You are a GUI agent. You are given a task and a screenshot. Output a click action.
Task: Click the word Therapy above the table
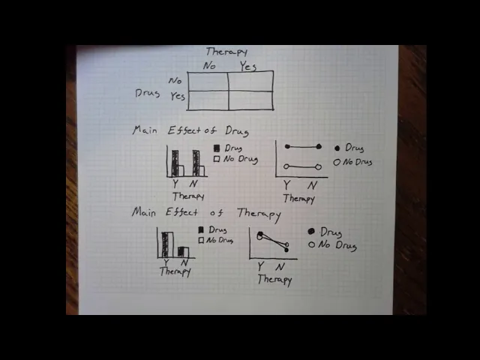[226, 52]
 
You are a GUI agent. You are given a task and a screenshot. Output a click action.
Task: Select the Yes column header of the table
[247, 66]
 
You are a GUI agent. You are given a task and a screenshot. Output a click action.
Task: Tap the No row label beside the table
[175, 80]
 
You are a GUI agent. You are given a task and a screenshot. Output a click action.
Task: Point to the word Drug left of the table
[148, 94]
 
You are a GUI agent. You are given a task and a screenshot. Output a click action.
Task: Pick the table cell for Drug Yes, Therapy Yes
[250, 100]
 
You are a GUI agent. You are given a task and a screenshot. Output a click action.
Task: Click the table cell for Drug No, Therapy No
[208, 81]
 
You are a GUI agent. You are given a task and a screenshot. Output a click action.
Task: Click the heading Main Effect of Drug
[190, 130]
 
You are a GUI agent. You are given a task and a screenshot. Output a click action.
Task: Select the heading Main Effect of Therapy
[206, 213]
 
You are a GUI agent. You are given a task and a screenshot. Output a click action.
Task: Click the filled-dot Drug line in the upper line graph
[302, 146]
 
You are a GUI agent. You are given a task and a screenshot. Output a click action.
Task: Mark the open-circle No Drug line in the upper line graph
[301, 166]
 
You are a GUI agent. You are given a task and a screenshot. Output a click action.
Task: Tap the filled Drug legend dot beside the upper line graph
[337, 148]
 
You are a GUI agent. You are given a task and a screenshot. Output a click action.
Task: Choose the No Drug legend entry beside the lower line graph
[333, 245]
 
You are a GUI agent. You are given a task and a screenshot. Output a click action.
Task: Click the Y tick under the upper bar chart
[175, 184]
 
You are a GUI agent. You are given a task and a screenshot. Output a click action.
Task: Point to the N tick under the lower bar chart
[184, 263]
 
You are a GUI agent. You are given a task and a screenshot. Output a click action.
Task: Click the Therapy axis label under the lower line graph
[274, 279]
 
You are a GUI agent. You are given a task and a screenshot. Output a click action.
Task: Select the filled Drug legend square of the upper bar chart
[217, 148]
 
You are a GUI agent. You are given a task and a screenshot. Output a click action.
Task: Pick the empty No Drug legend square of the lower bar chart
[201, 240]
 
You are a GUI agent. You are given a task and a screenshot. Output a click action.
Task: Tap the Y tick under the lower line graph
[260, 266]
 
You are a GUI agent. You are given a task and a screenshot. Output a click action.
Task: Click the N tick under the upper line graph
[313, 185]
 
